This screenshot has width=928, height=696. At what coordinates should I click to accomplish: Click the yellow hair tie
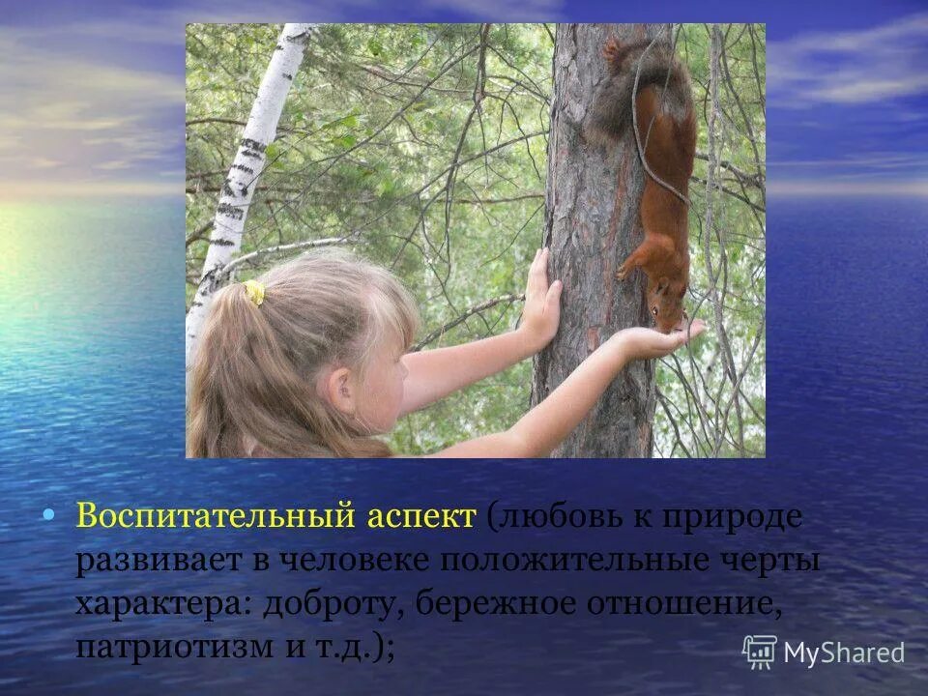254,292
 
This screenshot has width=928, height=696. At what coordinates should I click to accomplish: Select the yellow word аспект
421,515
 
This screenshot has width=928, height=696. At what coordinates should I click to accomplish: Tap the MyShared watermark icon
760,652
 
